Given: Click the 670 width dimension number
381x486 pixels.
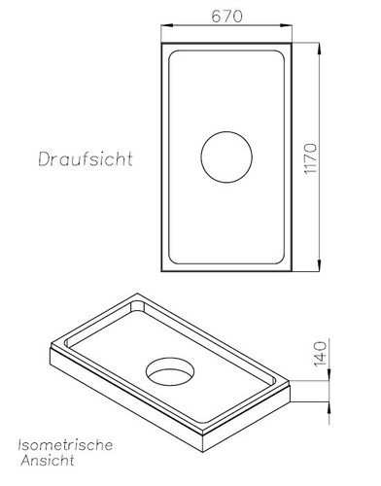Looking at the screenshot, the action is (226, 17).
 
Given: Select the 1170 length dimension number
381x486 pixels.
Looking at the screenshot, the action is (311, 158).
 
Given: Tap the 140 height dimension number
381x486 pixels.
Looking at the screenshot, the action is (321, 354).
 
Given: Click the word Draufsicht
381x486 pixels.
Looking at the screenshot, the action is (86, 159).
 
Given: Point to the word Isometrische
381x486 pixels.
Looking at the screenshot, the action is (65, 445).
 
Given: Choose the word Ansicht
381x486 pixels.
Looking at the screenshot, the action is (48, 461).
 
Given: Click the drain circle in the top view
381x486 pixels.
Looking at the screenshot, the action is (226, 157).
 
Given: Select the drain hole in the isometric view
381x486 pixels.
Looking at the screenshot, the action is (170, 371).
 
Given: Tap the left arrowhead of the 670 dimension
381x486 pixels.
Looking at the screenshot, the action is (166, 25).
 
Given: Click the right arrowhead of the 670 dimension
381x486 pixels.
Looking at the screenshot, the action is (288, 25).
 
